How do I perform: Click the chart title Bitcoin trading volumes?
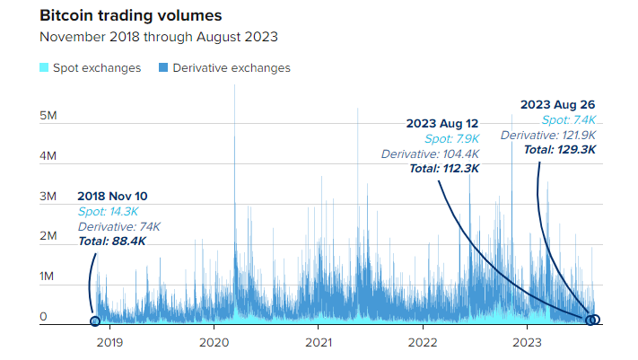click(131, 16)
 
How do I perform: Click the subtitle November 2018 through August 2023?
click(159, 38)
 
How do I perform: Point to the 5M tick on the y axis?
click(48, 117)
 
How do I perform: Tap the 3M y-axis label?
click(48, 196)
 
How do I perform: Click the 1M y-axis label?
click(48, 277)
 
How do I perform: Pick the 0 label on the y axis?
click(43, 317)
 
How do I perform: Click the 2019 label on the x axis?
click(109, 341)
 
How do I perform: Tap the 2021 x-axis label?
click(319, 341)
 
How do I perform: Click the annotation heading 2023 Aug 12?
click(442, 123)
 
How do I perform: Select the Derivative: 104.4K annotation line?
click(430, 154)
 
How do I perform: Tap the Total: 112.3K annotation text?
click(444, 169)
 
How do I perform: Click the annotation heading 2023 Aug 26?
click(558, 104)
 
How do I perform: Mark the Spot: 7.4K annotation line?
click(569, 119)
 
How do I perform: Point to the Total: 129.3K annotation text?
click(560, 150)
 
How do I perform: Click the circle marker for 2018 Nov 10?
click(95, 320)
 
